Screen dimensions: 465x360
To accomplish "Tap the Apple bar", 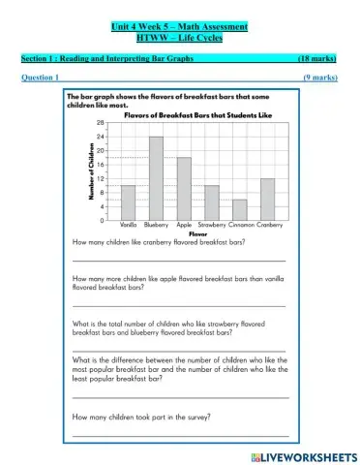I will tap(184, 188).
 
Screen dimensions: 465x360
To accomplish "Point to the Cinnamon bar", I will tap(240, 208).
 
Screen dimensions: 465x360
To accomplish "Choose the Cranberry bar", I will tap(268, 199).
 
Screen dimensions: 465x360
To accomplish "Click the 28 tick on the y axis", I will tap(102, 124).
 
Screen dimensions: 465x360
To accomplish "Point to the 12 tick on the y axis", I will tap(102, 180).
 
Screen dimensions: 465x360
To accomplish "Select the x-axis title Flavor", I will tap(198, 233).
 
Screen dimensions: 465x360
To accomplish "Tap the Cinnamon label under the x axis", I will tap(240, 225).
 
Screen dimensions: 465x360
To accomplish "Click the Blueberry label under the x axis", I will tap(156, 225).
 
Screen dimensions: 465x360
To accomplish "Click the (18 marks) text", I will tap(316, 59).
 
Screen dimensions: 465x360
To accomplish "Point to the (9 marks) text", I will tap(319, 77).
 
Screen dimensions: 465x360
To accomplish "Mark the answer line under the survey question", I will tap(180, 436).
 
